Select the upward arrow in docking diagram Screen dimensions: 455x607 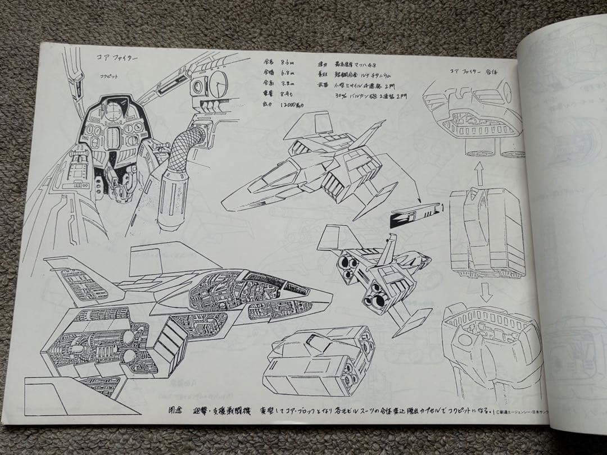coord(479,172)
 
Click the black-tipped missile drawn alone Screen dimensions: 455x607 coord(416,215)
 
